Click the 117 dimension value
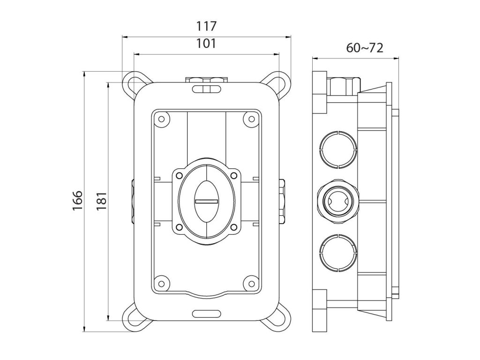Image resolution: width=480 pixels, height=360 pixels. [x=206, y=26]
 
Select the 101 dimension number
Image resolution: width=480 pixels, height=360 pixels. [x=206, y=44]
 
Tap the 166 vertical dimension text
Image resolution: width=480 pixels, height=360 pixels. [x=78, y=200]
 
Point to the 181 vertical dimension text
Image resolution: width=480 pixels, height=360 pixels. [x=101, y=200]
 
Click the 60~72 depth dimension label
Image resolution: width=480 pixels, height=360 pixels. [x=365, y=48]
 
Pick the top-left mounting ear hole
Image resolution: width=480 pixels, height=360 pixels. [x=134, y=82]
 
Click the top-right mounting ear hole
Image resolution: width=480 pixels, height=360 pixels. [x=279, y=82]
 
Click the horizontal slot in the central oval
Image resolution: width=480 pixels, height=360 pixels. [x=207, y=201]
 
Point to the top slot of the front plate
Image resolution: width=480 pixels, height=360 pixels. [x=207, y=89]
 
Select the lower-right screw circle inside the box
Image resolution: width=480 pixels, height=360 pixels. [x=251, y=283]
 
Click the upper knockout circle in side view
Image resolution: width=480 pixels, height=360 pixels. [x=337, y=150]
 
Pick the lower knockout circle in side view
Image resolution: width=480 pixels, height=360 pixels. [x=337, y=253]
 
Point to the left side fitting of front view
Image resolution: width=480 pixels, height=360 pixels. [x=133, y=201]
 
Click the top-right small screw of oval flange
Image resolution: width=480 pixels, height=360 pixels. [x=234, y=175]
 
